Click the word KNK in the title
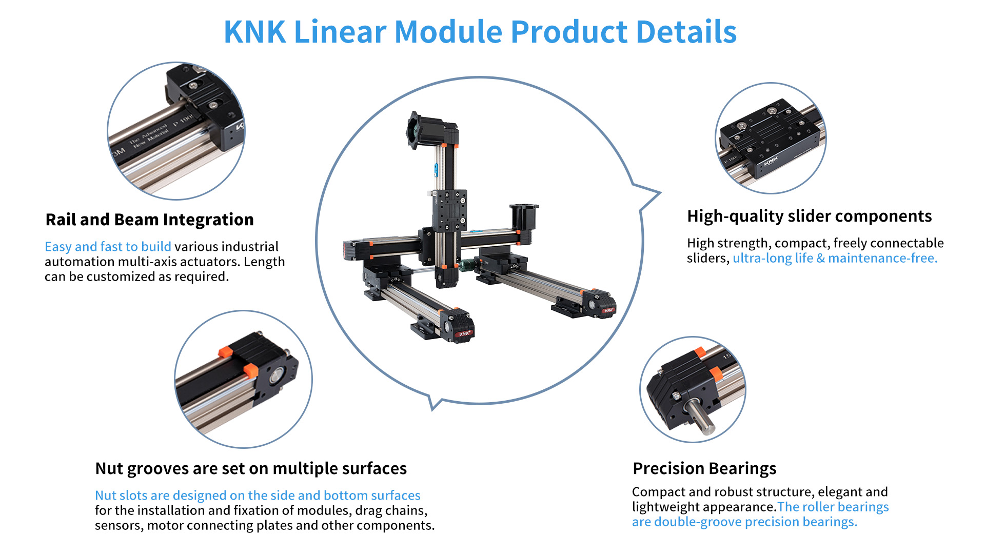point(255,32)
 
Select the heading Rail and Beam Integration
point(150,220)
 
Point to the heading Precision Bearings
point(704,469)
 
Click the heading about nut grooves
point(251,469)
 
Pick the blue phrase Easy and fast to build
point(108,247)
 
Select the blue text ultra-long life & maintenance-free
point(835,258)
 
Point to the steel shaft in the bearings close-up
point(699,416)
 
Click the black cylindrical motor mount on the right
point(524,216)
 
